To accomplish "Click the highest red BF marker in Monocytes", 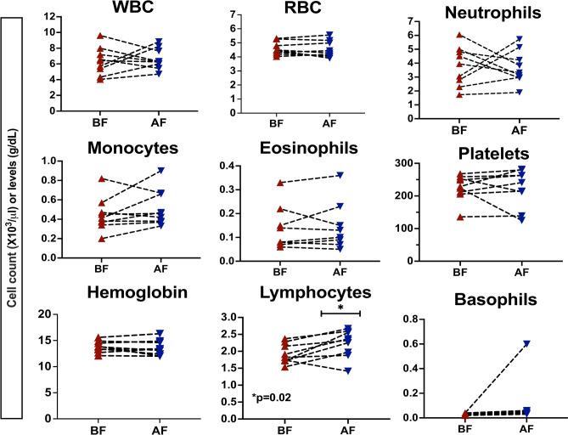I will (77, 179).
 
